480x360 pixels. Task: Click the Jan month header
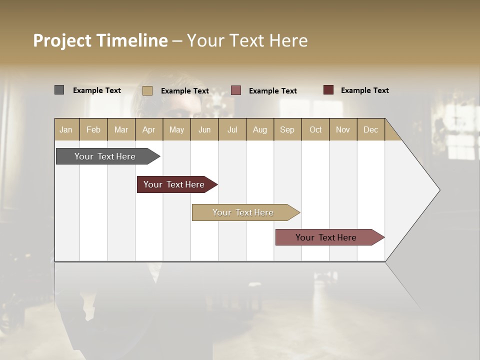click(66, 129)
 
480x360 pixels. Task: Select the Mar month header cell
click(121, 129)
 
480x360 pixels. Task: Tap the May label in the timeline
click(176, 129)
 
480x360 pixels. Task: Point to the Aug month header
click(259, 129)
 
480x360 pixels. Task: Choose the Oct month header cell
click(315, 129)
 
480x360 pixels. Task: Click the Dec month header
click(370, 129)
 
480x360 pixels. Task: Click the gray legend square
click(59, 90)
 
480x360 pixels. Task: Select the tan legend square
click(147, 90)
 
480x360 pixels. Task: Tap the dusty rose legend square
click(236, 90)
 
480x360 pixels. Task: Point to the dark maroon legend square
click(328, 90)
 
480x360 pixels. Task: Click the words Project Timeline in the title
click(100, 40)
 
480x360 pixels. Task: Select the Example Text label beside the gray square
click(97, 90)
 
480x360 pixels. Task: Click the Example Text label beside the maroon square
click(364, 90)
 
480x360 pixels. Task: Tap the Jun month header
click(204, 129)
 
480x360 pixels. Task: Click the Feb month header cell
click(93, 129)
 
